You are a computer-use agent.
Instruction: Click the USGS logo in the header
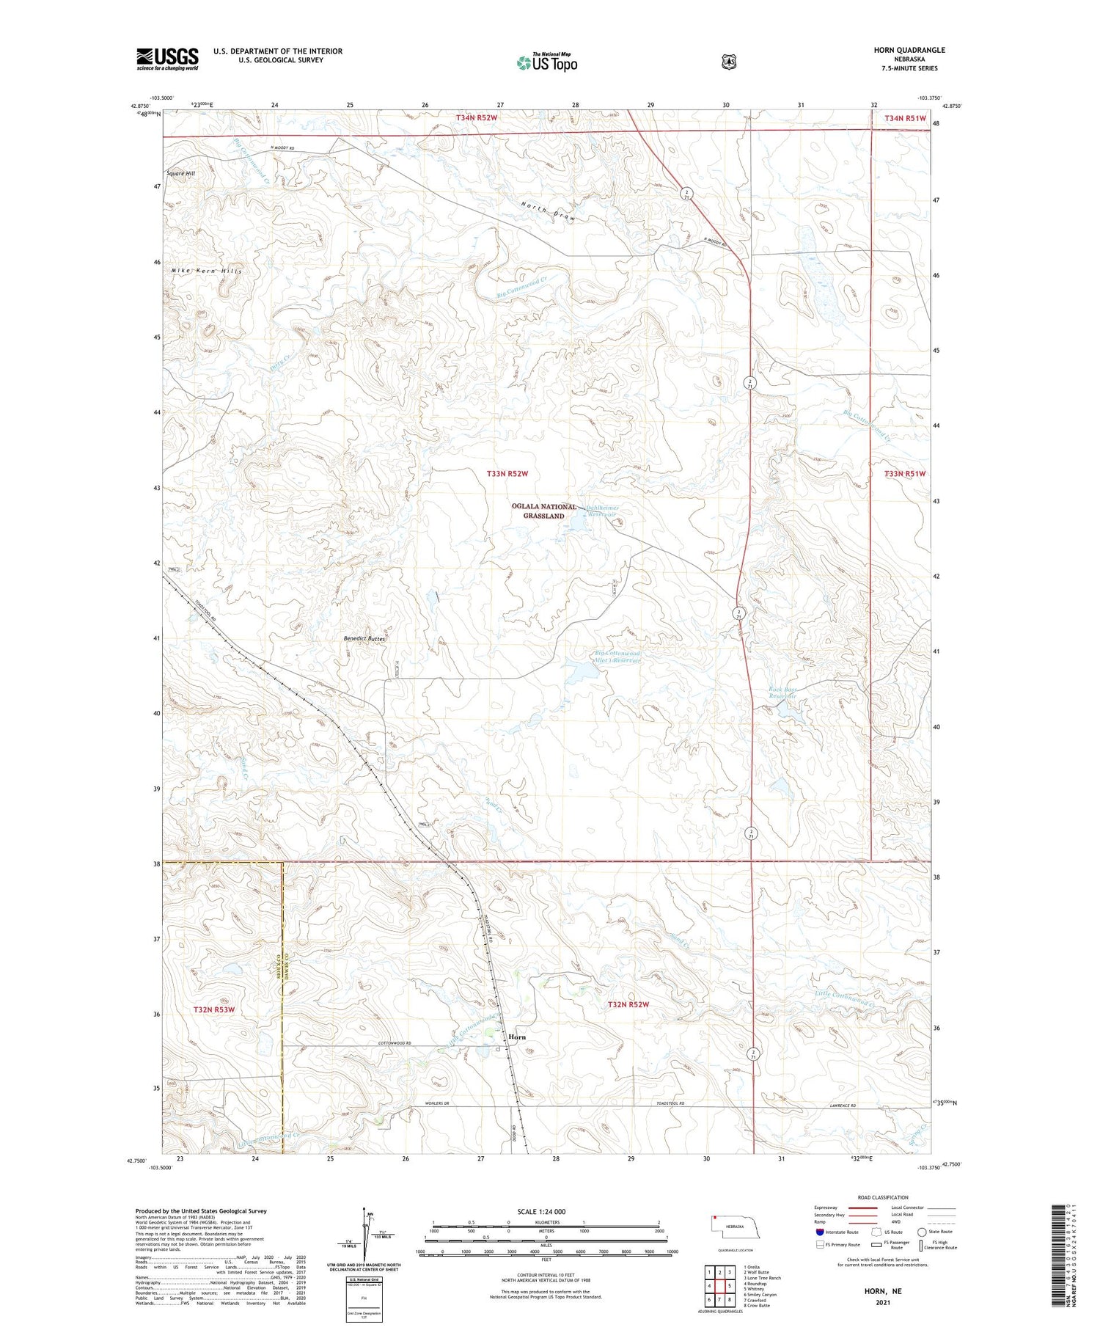tap(167, 59)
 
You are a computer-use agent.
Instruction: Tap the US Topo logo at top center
tap(547, 62)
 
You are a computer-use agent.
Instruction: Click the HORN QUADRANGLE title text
tap(909, 50)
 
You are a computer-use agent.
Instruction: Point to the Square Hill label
tap(180, 174)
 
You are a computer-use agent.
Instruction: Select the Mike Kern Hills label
tap(206, 271)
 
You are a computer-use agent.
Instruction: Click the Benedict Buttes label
tap(364, 639)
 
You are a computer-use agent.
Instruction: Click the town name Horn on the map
tap(517, 1037)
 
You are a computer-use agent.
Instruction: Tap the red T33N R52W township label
tap(507, 474)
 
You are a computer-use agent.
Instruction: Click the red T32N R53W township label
tap(214, 1009)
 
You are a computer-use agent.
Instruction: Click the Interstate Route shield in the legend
tap(819, 1232)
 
